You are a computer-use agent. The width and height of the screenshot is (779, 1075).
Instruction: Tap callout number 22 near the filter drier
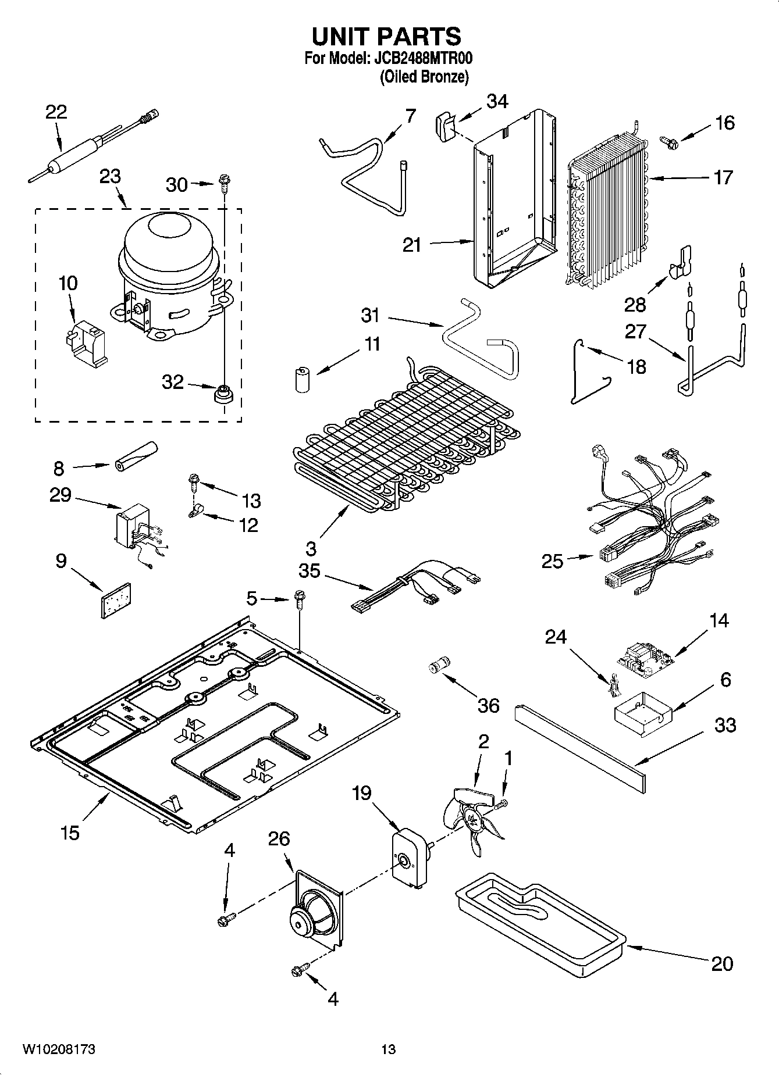click(x=56, y=112)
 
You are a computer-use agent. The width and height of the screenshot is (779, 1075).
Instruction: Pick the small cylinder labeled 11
click(x=302, y=379)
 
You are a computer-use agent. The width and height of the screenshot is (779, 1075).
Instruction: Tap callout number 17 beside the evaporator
click(x=723, y=177)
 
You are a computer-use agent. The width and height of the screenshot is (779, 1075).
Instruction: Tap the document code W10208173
click(x=59, y=1049)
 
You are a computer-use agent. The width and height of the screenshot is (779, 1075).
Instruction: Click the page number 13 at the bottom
click(x=388, y=1049)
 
